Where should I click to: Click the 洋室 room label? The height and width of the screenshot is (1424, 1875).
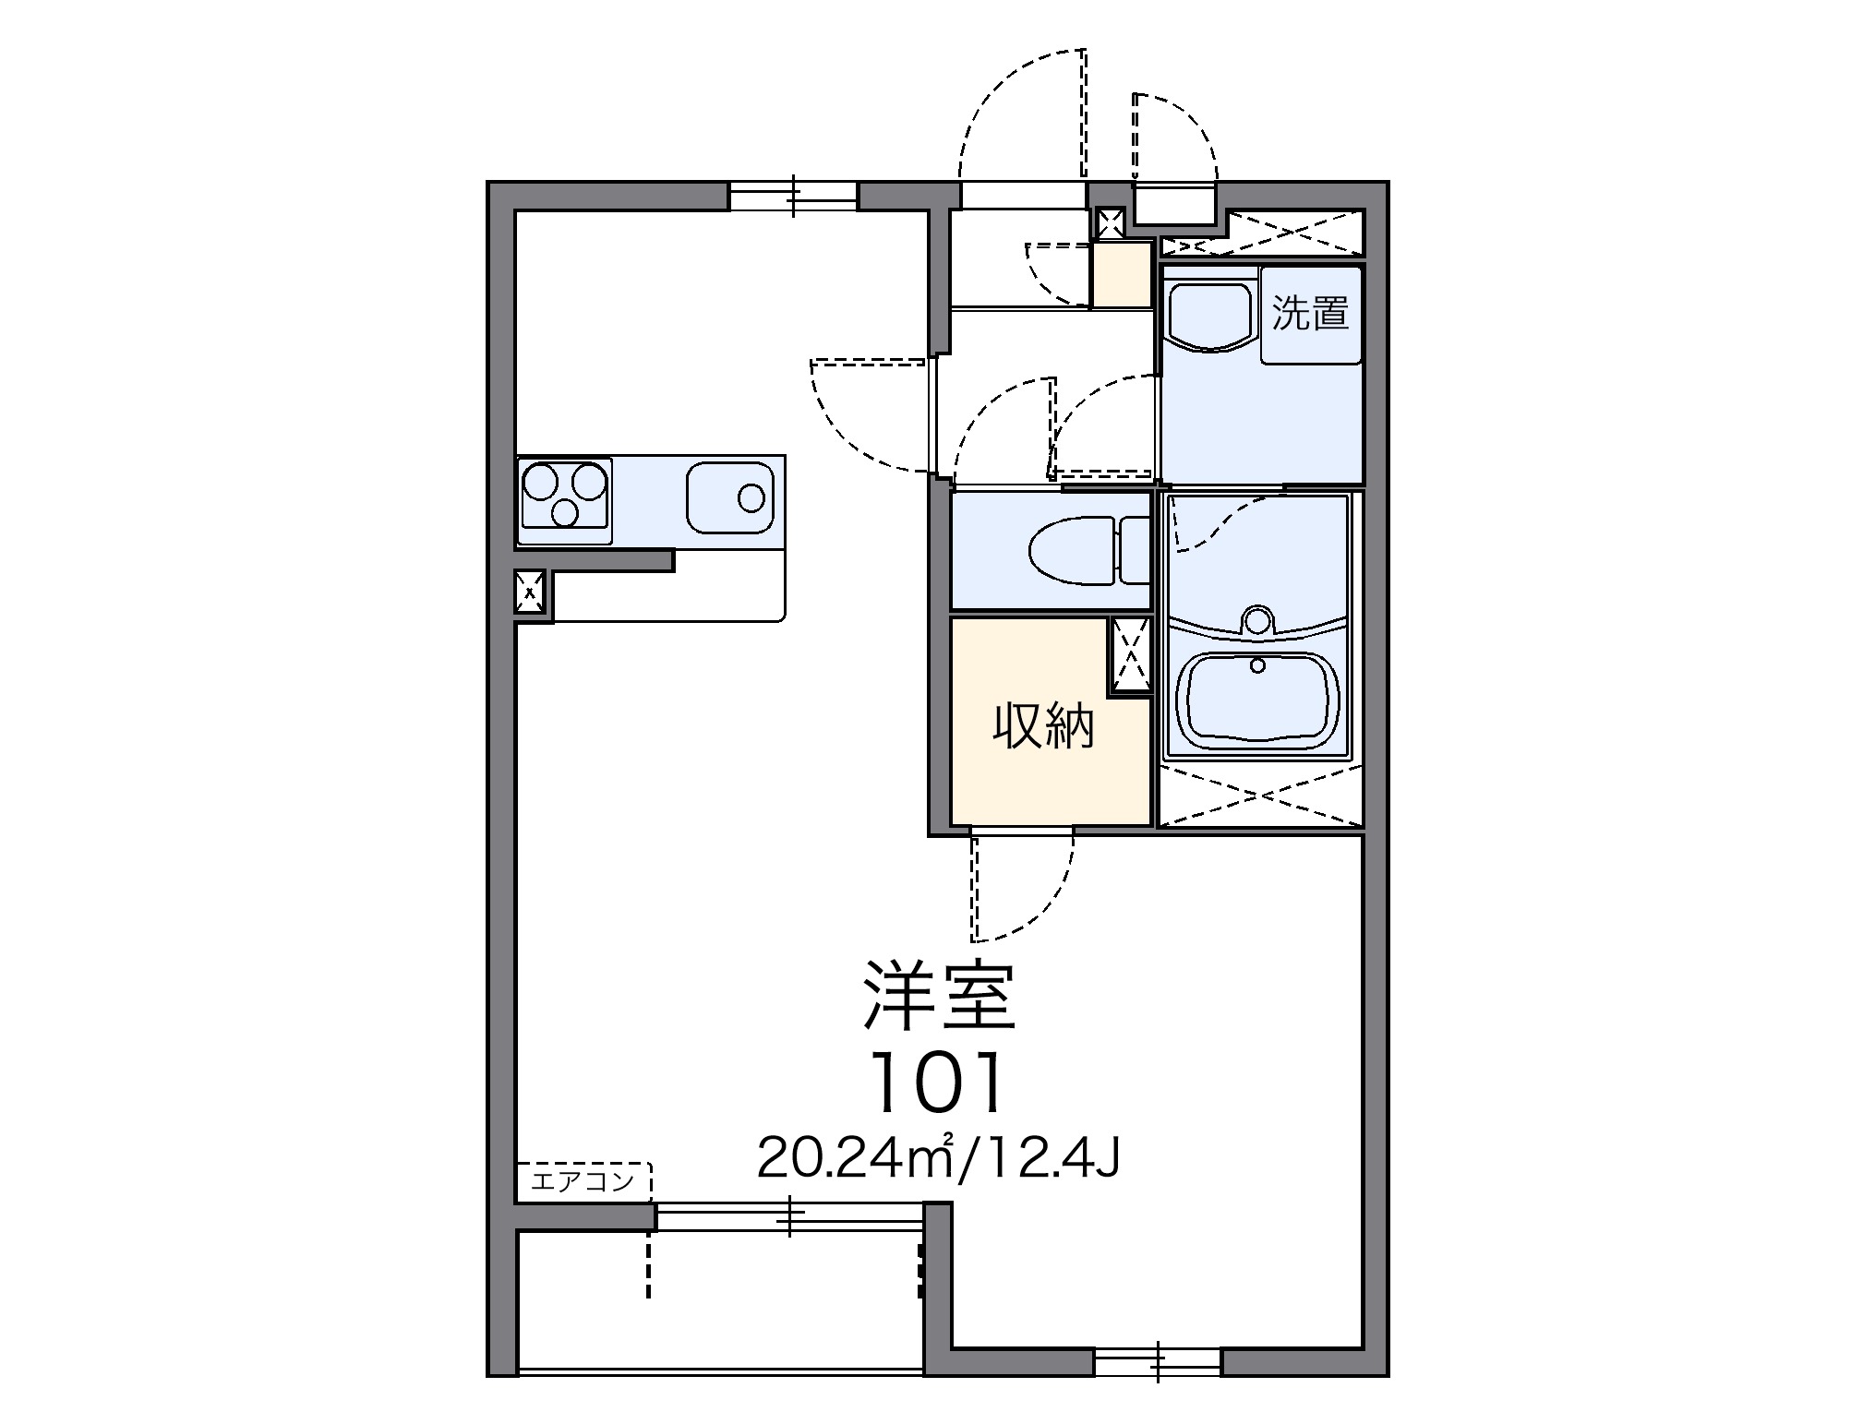[939, 998]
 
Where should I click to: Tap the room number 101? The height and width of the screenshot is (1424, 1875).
[937, 1083]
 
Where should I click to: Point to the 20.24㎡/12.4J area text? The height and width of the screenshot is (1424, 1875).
[938, 1159]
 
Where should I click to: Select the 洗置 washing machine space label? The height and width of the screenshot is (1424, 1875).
[1311, 314]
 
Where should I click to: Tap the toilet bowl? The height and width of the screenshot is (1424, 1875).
[1071, 552]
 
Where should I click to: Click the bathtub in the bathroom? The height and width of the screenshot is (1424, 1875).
[1261, 700]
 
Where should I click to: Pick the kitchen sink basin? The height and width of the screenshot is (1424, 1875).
[730, 498]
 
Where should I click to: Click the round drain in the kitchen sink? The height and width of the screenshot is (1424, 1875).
[751, 498]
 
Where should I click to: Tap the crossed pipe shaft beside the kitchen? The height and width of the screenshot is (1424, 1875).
[530, 591]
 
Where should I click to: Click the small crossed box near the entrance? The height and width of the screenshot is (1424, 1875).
[1110, 221]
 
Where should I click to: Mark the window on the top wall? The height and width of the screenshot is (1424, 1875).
[793, 197]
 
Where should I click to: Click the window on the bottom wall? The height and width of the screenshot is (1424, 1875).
[1158, 1361]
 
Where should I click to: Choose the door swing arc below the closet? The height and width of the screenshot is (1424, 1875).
[1023, 886]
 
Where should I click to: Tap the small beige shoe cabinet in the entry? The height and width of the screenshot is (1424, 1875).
[1122, 274]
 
